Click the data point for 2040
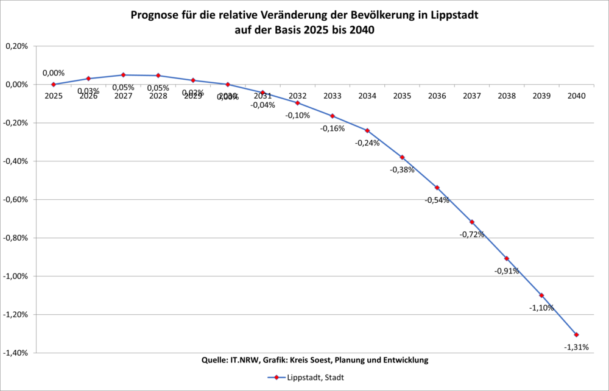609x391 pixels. coord(576,334)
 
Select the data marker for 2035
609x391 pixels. coord(402,157)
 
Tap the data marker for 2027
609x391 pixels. coord(123,75)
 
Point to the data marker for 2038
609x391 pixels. coord(507,258)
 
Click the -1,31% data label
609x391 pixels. coord(576,347)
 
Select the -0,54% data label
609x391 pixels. coord(437,200)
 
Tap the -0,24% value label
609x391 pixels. coord(367,143)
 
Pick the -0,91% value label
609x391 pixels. coord(507,271)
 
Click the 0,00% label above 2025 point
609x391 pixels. coord(54,73)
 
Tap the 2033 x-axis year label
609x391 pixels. coord(333,96)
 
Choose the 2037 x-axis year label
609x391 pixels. coord(472,96)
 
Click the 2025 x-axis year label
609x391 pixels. coord(54,96)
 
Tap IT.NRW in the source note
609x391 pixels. coord(242,360)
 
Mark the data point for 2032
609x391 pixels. coord(298,103)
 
